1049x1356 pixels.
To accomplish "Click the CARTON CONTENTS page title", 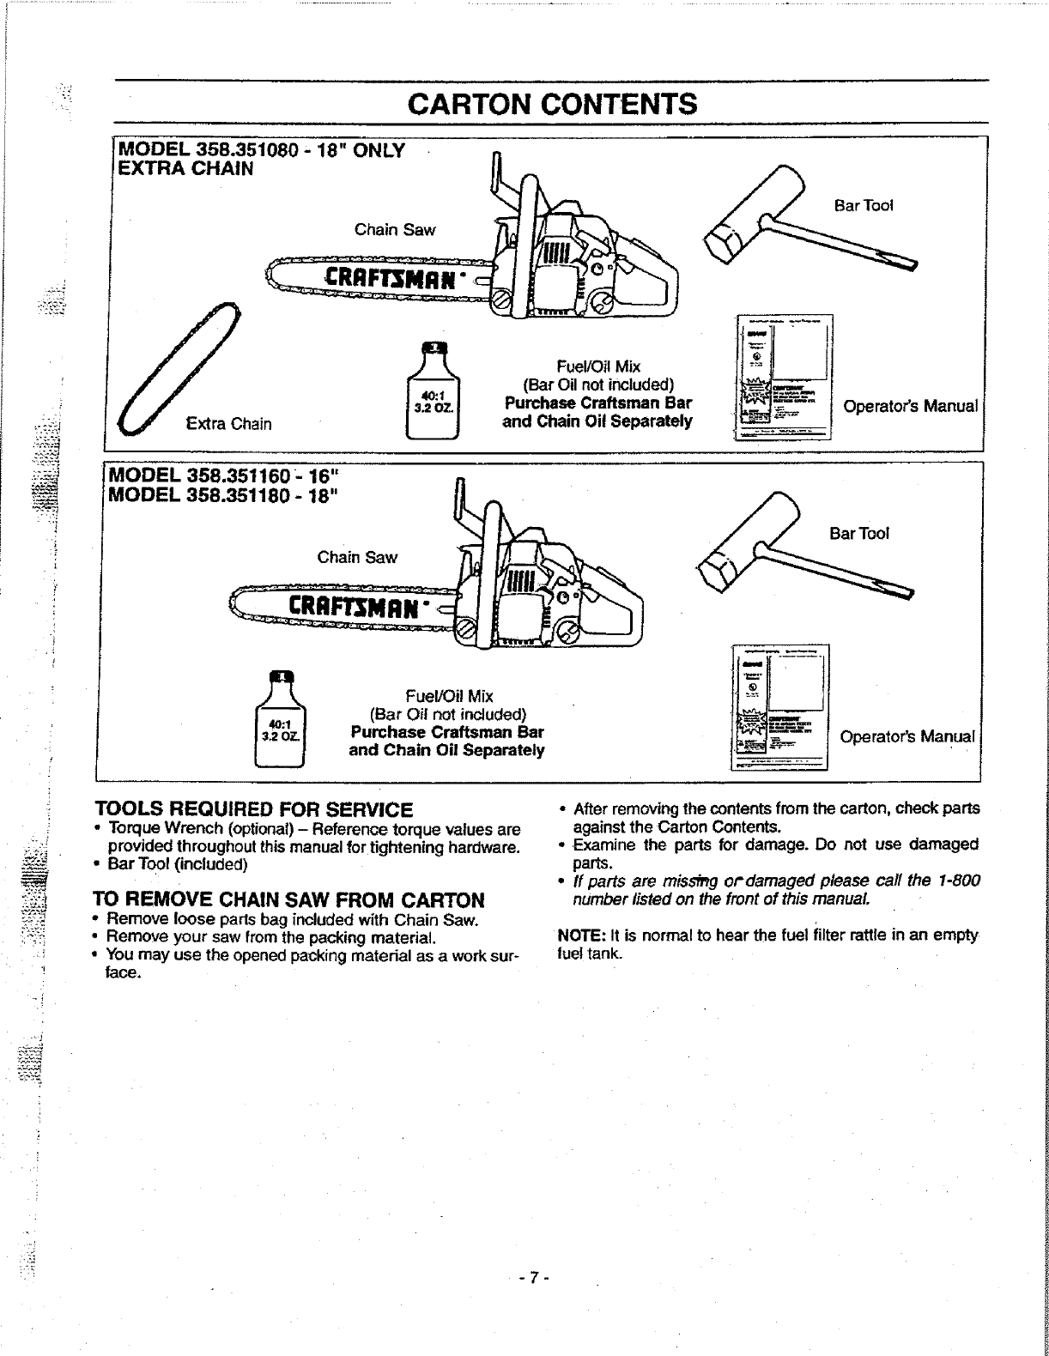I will coord(552,104).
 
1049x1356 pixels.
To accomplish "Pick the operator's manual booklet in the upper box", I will coord(784,378).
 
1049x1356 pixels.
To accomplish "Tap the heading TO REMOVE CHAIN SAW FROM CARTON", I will coord(289,899).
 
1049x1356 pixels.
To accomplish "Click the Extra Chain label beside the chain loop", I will coord(228,423).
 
